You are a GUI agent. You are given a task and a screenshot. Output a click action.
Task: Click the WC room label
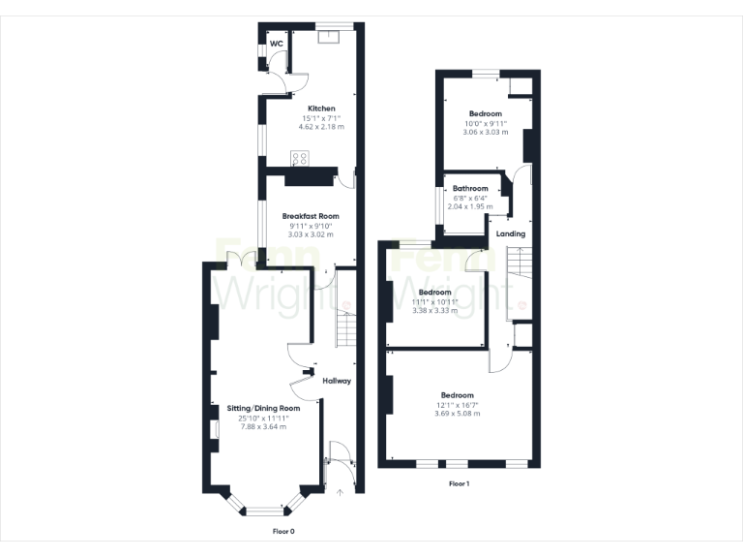click(276, 44)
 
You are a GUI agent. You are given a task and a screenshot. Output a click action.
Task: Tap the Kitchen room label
click(321, 108)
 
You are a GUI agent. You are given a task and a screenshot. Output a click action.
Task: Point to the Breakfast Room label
click(310, 216)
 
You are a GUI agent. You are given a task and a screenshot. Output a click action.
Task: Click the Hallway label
click(337, 381)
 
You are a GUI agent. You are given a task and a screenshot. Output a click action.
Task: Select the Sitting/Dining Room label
click(263, 409)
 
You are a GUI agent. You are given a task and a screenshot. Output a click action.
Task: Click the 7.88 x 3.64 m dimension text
click(263, 426)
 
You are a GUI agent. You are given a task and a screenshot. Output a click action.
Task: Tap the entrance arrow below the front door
click(339, 493)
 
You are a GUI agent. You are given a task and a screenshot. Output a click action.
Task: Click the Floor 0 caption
click(282, 532)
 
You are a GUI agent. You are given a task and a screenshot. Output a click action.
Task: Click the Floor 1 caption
click(459, 483)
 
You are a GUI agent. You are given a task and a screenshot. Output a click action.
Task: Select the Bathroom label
click(470, 188)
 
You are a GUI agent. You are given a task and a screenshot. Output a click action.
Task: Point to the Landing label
click(511, 234)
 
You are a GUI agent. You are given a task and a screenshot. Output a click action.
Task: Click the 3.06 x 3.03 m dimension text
click(485, 132)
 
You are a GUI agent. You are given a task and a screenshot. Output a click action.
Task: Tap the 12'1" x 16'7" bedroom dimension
click(457, 405)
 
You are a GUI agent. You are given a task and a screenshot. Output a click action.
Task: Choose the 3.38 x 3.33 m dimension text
click(432, 310)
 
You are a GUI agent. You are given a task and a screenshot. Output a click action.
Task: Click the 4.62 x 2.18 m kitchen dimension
click(321, 127)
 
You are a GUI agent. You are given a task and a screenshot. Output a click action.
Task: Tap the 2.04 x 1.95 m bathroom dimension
click(470, 206)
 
